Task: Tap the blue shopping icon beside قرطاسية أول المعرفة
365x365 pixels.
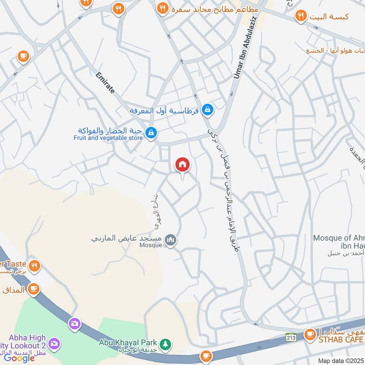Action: pos(208,109)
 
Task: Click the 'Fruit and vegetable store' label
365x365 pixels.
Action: pos(109,137)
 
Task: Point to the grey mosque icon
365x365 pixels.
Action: pos(171,240)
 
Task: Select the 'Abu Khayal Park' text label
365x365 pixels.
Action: pos(128,342)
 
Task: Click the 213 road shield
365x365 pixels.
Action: pos(291,337)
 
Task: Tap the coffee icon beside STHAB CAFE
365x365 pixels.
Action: pos(310,334)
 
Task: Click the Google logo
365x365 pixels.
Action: pos(19,358)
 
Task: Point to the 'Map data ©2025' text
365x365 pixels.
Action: pos(340,360)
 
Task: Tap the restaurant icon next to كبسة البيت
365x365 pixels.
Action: pos(301,16)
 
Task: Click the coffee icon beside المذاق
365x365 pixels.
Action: pos(33,288)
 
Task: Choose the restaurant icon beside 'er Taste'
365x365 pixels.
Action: pos(34,266)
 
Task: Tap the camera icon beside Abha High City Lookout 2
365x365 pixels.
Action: pos(54,343)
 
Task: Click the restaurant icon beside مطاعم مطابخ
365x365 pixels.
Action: pos(162,8)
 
